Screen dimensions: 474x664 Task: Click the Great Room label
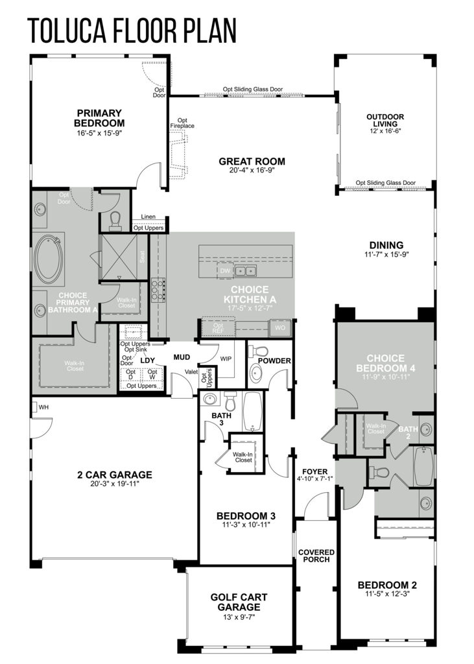[252, 161]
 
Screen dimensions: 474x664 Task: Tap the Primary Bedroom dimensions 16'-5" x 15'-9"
[101, 132]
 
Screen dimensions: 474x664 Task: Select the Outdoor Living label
[385, 120]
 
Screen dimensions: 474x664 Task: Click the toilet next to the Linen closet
[115, 220]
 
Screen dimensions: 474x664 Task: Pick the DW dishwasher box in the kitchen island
[225, 270]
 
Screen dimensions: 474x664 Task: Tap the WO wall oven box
[280, 327]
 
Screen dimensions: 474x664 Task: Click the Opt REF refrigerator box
[218, 327]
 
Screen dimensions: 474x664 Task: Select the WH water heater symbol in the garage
[34, 407]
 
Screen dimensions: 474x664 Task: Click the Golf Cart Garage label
[239, 602]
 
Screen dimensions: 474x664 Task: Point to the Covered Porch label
[316, 556]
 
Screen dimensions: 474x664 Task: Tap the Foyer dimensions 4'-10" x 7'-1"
[315, 479]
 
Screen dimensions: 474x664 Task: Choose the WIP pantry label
[226, 359]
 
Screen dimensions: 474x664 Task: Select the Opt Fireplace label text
[182, 123]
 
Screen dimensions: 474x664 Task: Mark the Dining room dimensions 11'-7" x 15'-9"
[386, 254]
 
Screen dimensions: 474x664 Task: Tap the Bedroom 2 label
[387, 585]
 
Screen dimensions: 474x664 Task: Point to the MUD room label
[182, 357]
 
